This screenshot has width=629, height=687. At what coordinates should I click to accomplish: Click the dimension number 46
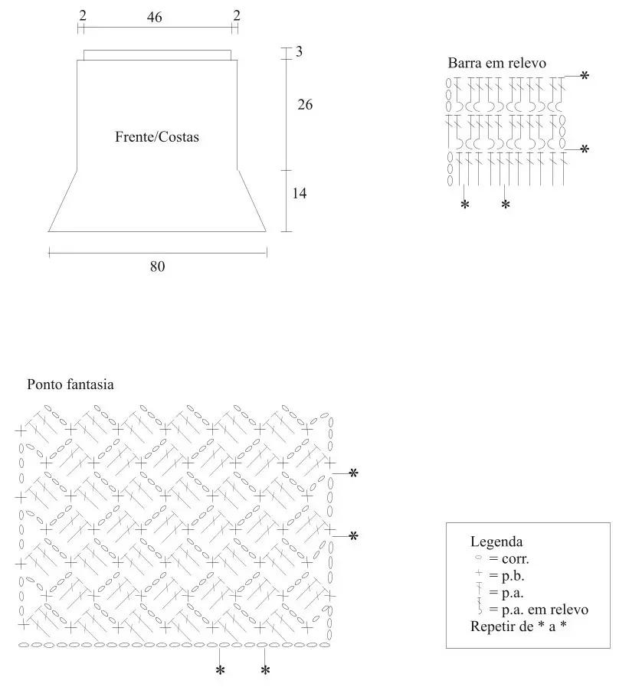(x=154, y=17)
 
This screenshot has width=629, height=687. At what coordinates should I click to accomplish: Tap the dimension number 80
(x=157, y=267)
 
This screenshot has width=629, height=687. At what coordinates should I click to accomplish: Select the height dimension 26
(x=305, y=105)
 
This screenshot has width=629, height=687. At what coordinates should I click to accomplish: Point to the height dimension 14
(x=300, y=193)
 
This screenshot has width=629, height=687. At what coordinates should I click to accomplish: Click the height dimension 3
(x=299, y=52)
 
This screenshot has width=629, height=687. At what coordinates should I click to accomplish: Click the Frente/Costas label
(x=157, y=136)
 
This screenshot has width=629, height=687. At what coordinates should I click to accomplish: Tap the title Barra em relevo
(x=496, y=63)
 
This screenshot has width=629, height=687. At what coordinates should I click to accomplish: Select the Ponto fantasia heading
(x=70, y=384)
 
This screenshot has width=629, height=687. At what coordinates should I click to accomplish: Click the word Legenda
(x=496, y=541)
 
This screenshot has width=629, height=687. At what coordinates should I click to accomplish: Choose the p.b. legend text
(x=506, y=575)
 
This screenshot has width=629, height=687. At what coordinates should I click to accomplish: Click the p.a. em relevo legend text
(x=539, y=610)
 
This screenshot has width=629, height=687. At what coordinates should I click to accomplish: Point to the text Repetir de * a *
(x=518, y=626)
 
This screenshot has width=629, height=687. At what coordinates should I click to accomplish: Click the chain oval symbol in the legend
(x=478, y=558)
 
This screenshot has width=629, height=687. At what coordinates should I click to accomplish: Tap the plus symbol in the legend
(x=479, y=573)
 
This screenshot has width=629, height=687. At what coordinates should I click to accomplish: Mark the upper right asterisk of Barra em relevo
(x=585, y=76)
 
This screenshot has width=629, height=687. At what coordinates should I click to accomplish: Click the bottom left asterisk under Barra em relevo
(x=464, y=204)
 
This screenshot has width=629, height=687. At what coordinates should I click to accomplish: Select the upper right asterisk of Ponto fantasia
(x=353, y=473)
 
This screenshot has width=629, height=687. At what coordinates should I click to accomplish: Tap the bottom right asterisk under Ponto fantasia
(x=265, y=670)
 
